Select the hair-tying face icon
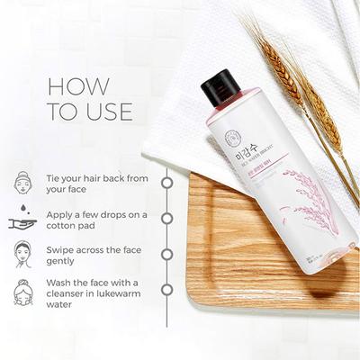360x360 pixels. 23,180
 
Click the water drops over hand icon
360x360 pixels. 23,212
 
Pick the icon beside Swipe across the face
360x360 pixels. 23,253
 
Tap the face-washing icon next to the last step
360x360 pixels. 23,292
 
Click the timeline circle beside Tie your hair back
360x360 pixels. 167,181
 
